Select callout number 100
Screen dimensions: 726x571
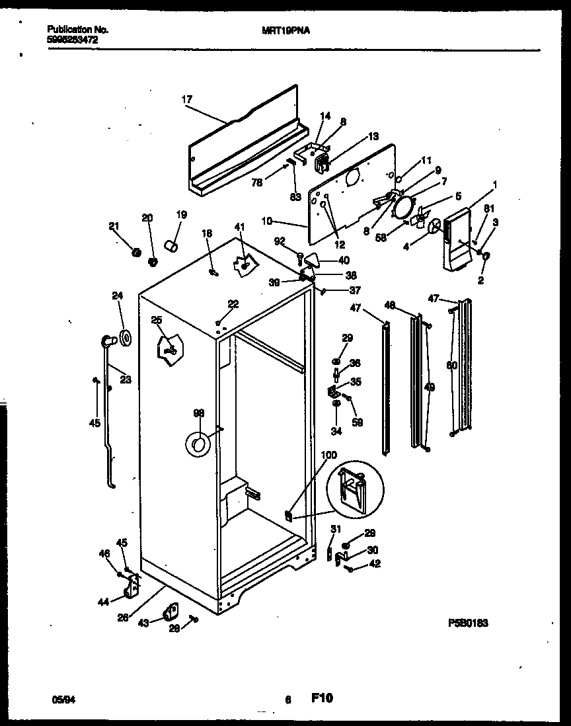coord(328,455)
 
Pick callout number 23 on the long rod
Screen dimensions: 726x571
coord(125,380)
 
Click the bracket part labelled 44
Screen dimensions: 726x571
coord(134,585)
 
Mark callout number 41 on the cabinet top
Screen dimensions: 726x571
coord(239,227)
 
